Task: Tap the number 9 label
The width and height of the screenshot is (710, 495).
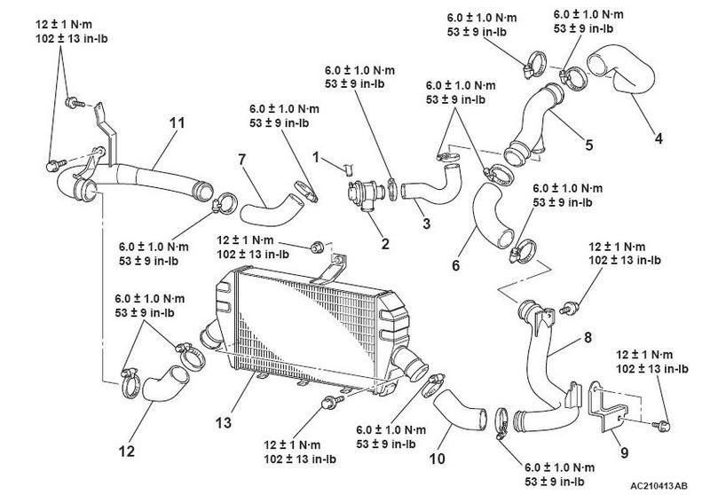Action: point(624,452)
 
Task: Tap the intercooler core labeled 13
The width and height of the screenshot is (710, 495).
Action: point(302,328)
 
